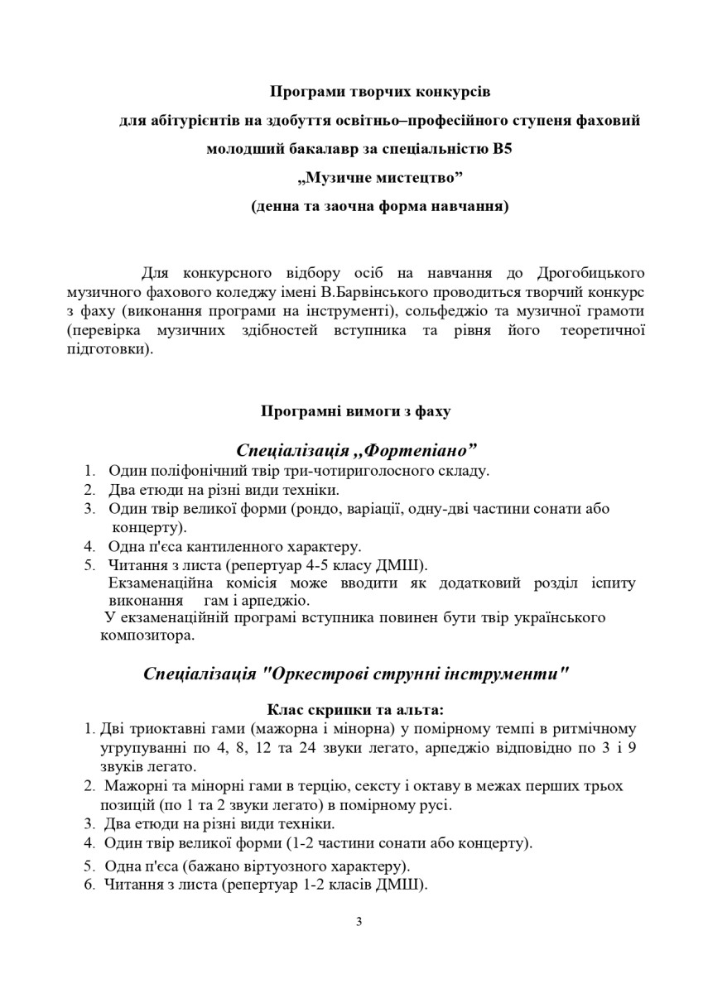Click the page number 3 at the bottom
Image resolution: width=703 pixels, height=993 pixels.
tap(359, 922)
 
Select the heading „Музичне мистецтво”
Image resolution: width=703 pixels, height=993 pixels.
tap(379, 178)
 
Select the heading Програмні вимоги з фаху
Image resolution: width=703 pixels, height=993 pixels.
tap(356, 410)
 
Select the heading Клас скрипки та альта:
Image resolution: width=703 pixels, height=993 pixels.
tap(355, 709)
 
